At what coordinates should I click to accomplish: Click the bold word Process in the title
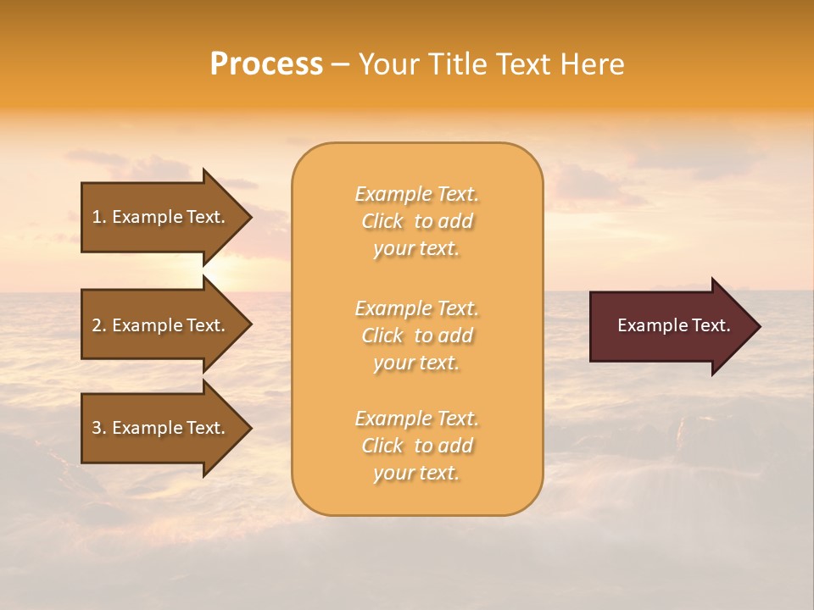[x=266, y=64]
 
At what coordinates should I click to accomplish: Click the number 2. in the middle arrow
[x=99, y=325]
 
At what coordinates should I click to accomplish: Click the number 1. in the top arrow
[x=99, y=218]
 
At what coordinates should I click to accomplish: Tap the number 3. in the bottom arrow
[x=99, y=428]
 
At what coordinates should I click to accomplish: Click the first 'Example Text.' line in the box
[x=416, y=195]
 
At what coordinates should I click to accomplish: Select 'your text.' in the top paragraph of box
[x=416, y=249]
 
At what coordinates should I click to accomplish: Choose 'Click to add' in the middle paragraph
[x=416, y=336]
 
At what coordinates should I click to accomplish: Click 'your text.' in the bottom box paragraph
[x=416, y=474]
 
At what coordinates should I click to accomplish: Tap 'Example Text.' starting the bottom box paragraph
[x=416, y=419]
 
